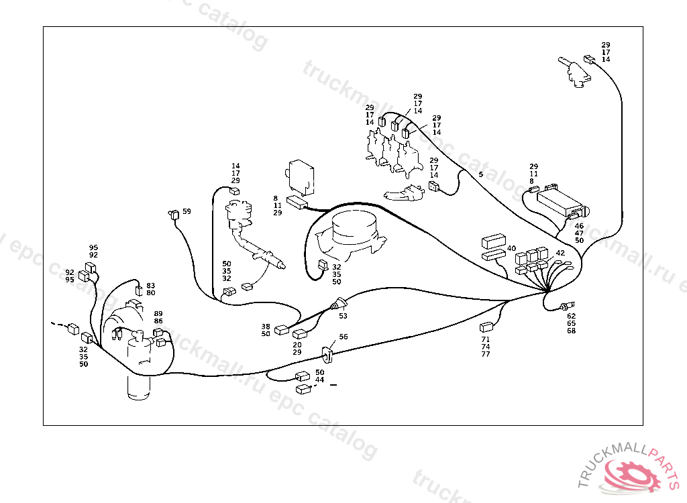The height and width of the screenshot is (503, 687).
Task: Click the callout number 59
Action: click(187, 211)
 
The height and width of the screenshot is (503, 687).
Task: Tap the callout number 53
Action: click(343, 315)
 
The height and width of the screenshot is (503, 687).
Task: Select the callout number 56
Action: click(343, 337)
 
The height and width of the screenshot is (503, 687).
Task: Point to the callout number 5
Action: click(480, 174)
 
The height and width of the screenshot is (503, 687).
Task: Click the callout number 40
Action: click(512, 248)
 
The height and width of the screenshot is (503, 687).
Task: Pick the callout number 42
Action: click(560, 254)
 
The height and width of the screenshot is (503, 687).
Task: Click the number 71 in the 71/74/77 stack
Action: click(486, 339)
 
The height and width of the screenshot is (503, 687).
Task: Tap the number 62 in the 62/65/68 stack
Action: click(571, 315)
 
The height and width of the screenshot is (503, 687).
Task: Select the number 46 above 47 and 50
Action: click(579, 226)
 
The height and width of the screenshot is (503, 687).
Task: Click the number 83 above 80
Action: click(151, 285)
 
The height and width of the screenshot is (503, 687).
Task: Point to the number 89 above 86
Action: click(158, 314)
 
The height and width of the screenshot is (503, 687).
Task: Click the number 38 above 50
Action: click(266, 327)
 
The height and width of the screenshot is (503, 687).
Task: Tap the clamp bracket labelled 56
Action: click(328, 353)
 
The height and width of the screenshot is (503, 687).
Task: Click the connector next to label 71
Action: click(486, 328)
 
